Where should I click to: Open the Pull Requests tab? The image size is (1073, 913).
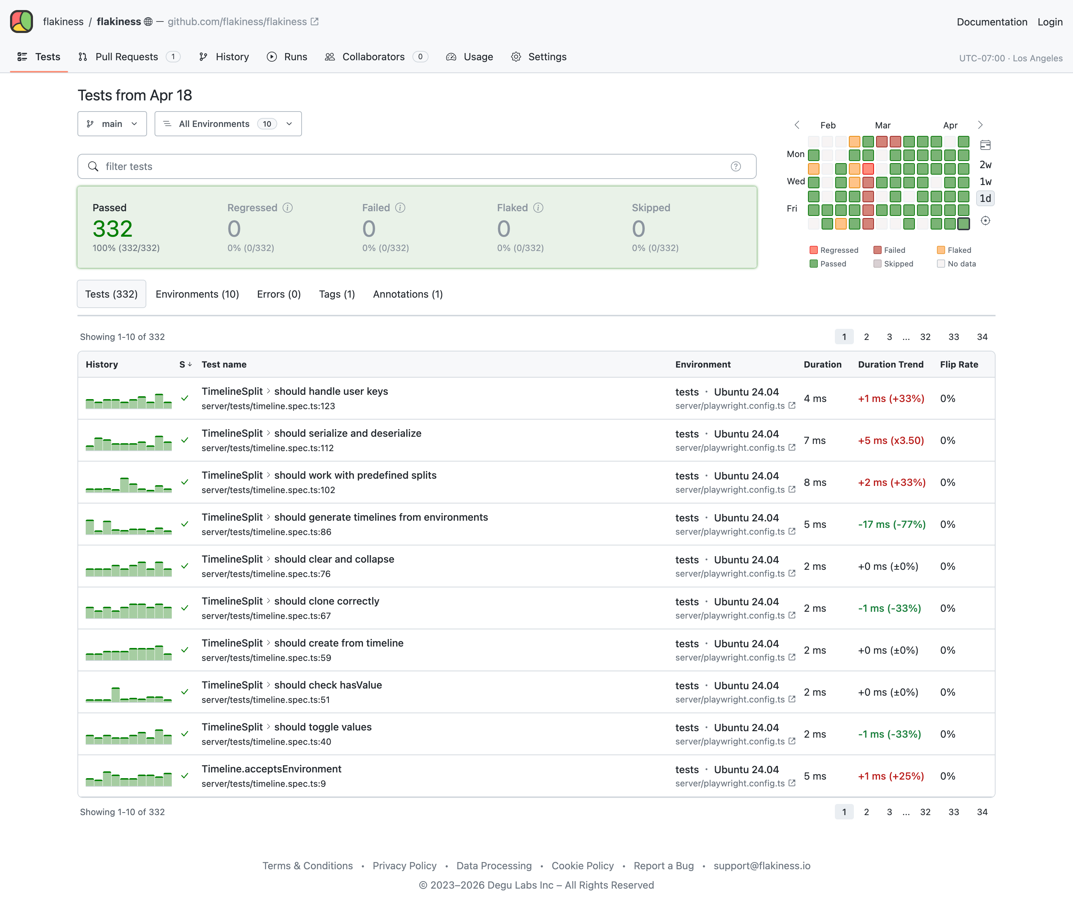pos(126,57)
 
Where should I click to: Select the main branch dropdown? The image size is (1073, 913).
pos(112,124)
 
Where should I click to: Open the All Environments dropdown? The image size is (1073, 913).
pos(228,124)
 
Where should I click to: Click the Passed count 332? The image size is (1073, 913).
pos(112,229)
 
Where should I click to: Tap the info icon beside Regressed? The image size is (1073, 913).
pos(288,208)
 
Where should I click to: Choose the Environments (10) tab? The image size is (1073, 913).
pos(197,294)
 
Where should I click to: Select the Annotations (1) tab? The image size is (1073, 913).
pos(407,294)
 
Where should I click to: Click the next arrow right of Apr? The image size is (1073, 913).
pos(980,125)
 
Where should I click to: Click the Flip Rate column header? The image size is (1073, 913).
pos(959,364)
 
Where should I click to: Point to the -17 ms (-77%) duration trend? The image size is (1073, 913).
pos(891,524)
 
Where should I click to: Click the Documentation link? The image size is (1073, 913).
pos(991,22)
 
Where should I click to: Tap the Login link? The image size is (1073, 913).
pos(1050,22)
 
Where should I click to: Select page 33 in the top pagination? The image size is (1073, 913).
pos(954,337)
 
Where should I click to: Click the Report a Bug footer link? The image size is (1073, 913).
pos(663,866)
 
